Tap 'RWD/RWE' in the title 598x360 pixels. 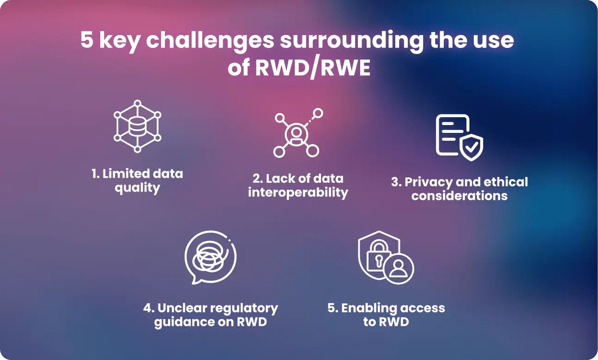coord(313,68)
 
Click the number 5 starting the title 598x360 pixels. coord(87,40)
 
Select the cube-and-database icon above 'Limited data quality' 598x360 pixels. coord(138,126)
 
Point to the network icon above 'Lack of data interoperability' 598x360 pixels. coord(298,132)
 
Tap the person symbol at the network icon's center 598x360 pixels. coord(296,134)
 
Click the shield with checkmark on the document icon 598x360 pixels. coord(471,147)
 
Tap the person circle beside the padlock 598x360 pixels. coord(399,269)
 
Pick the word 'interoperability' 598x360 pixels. coord(298,192)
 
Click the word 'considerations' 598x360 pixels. coord(459,196)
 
